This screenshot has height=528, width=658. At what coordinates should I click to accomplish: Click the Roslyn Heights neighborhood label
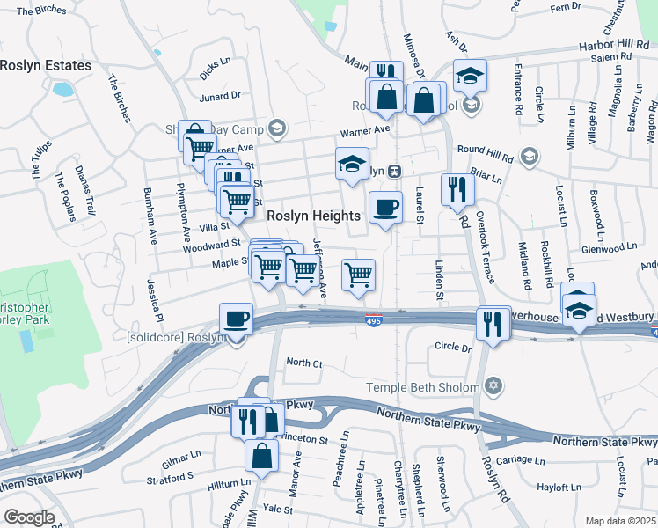coord(313,216)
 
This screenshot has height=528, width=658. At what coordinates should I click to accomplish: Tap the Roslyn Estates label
coord(46,65)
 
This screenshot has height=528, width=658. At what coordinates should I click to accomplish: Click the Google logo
coord(29,517)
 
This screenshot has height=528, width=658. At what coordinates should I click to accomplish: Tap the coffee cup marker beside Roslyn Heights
coord(385,208)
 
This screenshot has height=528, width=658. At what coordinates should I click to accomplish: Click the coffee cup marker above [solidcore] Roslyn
coord(236,319)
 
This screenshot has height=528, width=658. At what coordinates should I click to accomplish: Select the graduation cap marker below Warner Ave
coord(352,165)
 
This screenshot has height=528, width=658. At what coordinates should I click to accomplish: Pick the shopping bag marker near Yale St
coord(261,456)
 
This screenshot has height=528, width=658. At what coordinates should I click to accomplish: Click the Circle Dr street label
coord(453,348)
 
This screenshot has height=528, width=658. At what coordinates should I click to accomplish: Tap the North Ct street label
coord(304,363)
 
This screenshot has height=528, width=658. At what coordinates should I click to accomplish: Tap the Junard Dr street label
coord(220,96)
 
